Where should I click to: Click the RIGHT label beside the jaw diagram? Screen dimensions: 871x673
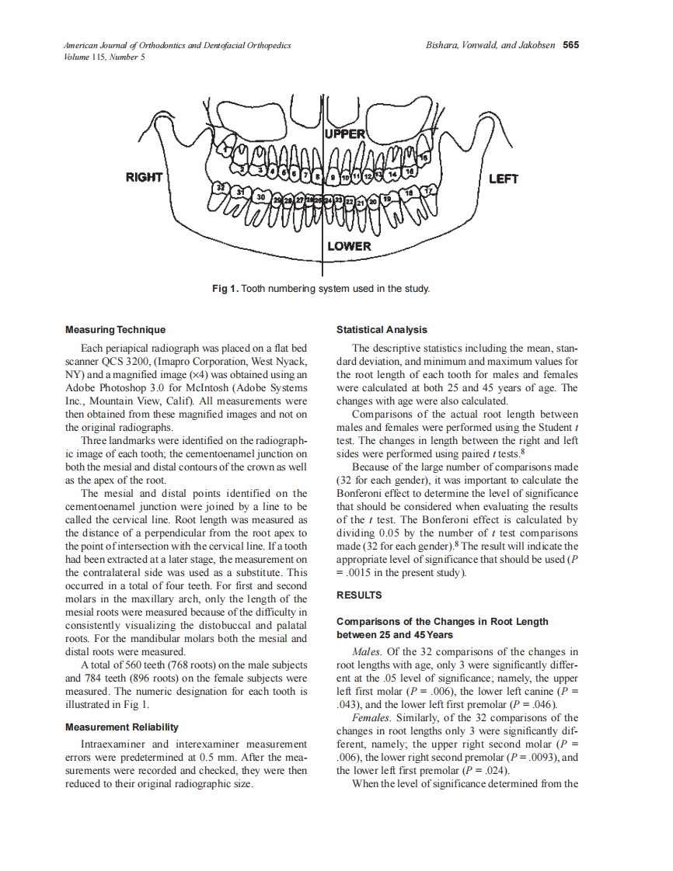[x=144, y=178]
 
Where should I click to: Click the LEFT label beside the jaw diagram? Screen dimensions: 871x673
[x=504, y=179]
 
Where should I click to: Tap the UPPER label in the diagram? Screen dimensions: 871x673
[x=345, y=134]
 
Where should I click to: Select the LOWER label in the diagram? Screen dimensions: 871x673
[x=349, y=246]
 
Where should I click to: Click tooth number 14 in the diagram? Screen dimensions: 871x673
[x=393, y=175]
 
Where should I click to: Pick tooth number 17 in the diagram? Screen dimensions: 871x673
[x=428, y=190]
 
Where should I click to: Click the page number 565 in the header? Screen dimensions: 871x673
[x=571, y=45]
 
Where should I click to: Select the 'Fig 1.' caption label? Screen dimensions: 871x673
[x=225, y=289]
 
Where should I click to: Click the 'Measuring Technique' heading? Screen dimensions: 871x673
[x=115, y=330]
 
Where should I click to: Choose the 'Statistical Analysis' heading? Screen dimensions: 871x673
[x=382, y=330]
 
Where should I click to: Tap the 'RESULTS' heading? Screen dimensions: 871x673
[x=359, y=595]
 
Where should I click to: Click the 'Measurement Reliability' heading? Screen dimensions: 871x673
[x=122, y=727]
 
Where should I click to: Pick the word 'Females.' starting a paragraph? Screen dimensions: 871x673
[x=371, y=718]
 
